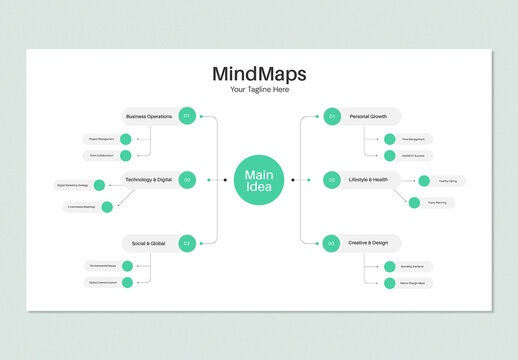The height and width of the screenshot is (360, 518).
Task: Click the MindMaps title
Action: (259, 74)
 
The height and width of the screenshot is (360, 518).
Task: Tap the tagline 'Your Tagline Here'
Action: (259, 90)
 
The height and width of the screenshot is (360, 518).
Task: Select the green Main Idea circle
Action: (259, 180)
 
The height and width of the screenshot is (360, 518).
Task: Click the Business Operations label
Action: (149, 116)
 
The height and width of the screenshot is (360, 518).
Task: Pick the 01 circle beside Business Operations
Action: (186, 116)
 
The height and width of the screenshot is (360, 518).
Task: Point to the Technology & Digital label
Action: (148, 180)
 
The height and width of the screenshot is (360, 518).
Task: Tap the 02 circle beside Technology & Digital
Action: (186, 180)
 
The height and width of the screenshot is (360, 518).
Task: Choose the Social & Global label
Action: (149, 243)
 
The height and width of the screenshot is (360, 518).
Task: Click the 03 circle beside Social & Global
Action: (186, 243)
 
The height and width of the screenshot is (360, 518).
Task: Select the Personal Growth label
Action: (368, 116)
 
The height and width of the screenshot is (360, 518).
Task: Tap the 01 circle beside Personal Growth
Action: (332, 116)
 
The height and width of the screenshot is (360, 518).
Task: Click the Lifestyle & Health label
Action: (368, 180)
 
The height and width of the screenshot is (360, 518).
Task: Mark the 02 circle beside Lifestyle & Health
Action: (332, 180)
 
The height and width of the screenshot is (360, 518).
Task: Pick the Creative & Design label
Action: (368, 243)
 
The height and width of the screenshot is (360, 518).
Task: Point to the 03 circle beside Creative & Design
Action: (332, 243)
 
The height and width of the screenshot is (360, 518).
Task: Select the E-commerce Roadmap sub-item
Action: (83, 207)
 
